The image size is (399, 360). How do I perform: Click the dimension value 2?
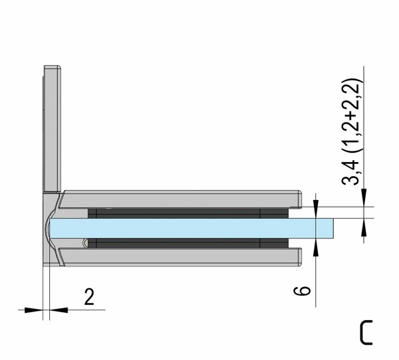[89, 297]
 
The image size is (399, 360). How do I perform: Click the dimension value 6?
[302, 291]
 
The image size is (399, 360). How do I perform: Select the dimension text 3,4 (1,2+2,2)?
[352, 132]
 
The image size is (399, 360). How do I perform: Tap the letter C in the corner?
[366, 332]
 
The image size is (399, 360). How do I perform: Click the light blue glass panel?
[192, 228]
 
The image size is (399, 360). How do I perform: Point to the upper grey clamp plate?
[180, 199]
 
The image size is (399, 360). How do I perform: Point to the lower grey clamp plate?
[180, 257]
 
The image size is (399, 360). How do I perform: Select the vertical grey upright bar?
[53, 128]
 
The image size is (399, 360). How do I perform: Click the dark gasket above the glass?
[188, 214]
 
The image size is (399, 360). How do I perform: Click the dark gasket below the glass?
[188, 243]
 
